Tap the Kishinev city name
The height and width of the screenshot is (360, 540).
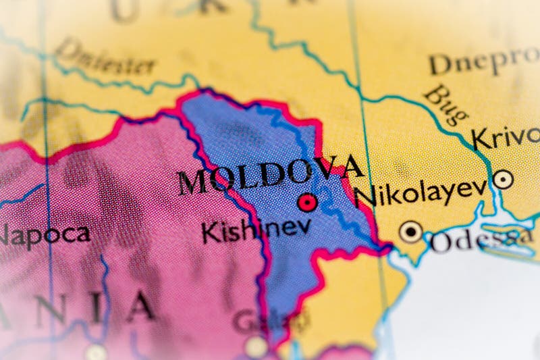pos(256,228)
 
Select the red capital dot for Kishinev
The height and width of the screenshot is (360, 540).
pos(308,202)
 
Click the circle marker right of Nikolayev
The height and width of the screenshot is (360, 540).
pos(503,179)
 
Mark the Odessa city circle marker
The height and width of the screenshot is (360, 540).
pos(410,232)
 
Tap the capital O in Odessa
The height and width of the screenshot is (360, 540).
pos(442,242)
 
